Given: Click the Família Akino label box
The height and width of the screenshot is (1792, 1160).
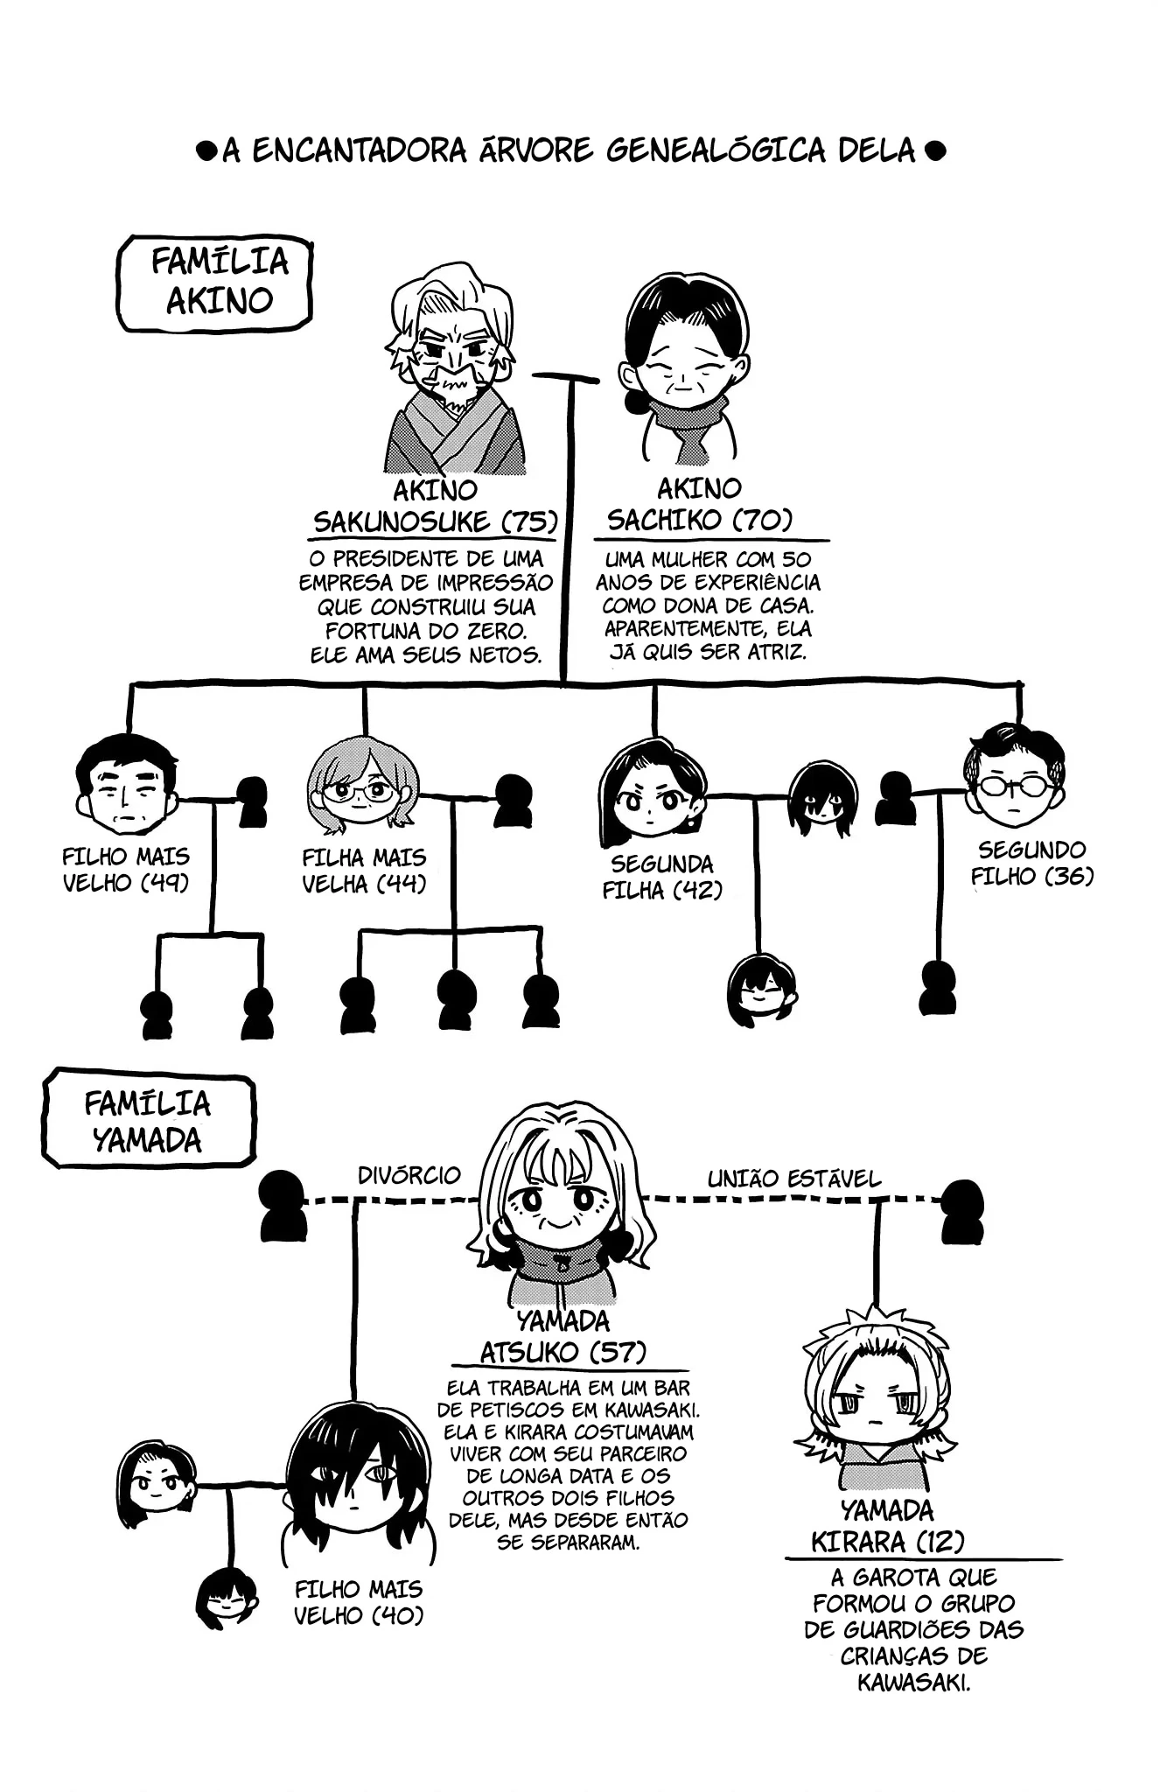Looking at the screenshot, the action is tap(215, 283).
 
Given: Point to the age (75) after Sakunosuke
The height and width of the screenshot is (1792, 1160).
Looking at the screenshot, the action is tap(529, 521).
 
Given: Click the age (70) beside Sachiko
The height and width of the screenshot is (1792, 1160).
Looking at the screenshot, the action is tap(762, 520).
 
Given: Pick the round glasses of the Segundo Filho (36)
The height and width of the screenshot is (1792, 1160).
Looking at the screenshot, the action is tap(1013, 785).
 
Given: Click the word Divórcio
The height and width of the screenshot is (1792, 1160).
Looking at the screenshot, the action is tap(409, 1175).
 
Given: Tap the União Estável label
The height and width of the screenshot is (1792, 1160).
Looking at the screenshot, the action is tap(793, 1179).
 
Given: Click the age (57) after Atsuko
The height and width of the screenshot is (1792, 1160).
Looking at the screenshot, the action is tap(617, 1352).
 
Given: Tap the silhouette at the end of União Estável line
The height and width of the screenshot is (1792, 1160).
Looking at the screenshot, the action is tap(962, 1211).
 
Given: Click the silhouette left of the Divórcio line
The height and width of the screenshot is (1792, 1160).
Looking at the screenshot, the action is tap(283, 1205).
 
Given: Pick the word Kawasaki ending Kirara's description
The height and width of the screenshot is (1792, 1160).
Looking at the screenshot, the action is tap(913, 1682).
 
